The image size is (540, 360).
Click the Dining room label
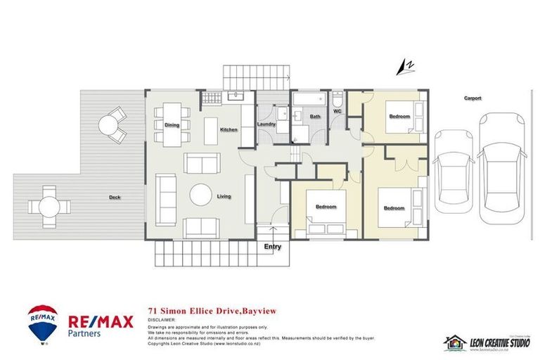172,125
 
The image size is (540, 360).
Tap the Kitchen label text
229,130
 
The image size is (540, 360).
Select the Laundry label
266,124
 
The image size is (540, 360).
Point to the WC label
337,111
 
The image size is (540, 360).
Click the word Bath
316,116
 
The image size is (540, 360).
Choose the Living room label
224,196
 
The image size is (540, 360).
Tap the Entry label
272,247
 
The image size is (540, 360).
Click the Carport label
472,98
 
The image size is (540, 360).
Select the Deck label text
114,197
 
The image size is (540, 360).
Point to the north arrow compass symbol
404,67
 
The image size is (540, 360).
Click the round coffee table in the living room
202,195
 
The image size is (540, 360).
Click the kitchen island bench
212,131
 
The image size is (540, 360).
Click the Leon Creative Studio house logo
455,342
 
